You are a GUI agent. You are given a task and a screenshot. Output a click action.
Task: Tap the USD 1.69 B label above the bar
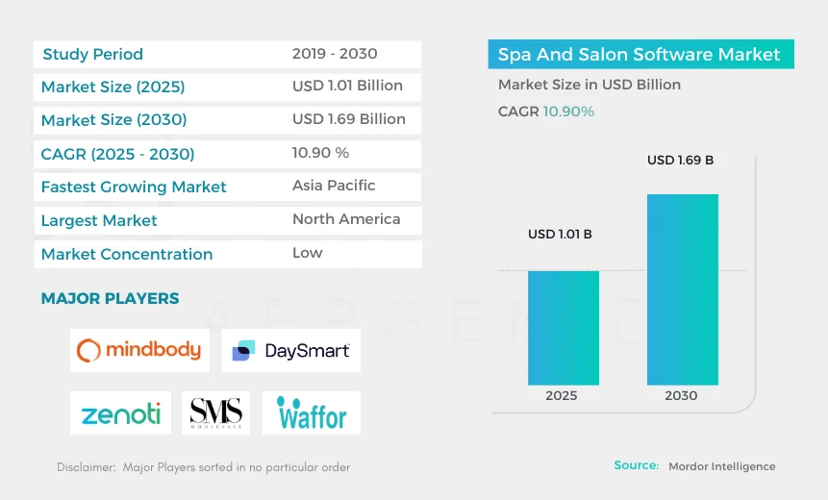680,160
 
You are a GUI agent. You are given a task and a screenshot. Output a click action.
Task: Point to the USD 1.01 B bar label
560,234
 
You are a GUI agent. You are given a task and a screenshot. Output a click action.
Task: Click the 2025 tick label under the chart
562,395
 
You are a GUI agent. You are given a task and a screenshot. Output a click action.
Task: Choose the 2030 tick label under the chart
681,395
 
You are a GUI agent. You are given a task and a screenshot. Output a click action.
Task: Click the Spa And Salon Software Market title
639,55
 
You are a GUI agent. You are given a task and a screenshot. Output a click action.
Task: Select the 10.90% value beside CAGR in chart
568,112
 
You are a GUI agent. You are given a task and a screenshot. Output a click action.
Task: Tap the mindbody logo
139,350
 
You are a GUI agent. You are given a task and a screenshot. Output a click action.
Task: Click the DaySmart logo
290,351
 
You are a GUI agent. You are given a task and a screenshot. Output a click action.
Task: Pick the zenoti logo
120,413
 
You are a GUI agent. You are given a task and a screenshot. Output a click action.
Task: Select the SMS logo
215,413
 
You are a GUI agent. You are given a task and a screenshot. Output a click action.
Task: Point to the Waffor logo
312,414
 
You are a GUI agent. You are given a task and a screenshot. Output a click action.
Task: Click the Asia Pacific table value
334,186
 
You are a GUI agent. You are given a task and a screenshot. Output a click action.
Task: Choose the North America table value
346,219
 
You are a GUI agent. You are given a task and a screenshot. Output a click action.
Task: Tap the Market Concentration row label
127,255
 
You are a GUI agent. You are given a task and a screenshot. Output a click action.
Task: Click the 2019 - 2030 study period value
335,54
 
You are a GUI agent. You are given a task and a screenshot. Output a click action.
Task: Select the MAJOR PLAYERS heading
110,299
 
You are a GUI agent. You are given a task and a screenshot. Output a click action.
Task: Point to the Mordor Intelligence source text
722,466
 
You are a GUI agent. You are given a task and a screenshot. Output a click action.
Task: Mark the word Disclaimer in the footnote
85,467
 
